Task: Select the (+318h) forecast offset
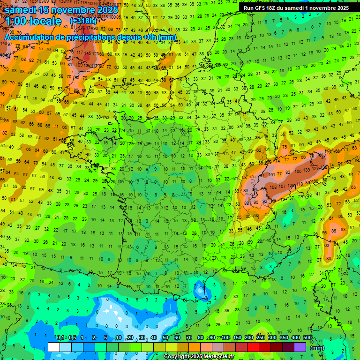click(83, 21)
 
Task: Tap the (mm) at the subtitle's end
click(167, 37)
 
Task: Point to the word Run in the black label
click(249, 8)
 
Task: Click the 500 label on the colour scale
click(307, 338)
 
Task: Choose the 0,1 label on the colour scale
click(60, 338)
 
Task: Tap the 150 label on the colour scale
click(237, 338)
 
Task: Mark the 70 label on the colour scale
click(188, 338)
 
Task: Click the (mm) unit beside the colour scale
click(317, 348)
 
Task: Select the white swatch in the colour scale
click(54, 347)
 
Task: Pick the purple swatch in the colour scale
click(300, 347)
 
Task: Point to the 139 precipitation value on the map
click(307, 169)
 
